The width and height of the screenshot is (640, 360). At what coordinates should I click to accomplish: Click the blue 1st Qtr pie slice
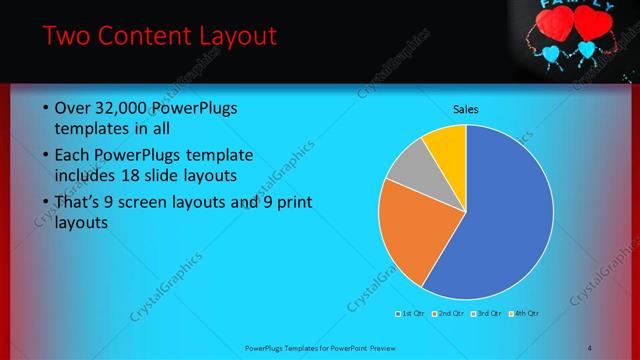pos(500,220)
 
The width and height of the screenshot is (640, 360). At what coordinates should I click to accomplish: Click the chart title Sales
pos(465,109)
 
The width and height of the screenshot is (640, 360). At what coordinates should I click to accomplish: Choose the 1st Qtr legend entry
pos(411,314)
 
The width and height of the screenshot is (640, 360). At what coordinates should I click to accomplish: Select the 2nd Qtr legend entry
pos(448,314)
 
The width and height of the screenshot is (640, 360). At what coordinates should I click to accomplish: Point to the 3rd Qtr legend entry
pos(486,314)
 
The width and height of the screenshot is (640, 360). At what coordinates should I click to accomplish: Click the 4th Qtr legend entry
pos(523,314)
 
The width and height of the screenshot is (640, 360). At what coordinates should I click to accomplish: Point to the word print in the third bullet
pos(289,203)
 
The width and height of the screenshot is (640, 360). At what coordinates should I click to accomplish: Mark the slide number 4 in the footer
pos(590,347)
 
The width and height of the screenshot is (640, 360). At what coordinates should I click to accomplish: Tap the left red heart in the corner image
pos(555,22)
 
